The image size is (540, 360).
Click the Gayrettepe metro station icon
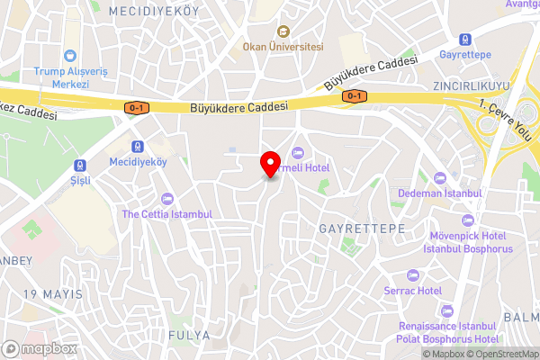pyautogui.click(x=464, y=40)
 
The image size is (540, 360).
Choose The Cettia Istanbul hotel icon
pyautogui.click(x=166, y=199)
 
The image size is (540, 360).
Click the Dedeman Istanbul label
pyautogui.click(x=440, y=193)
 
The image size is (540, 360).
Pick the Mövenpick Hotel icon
pyautogui.click(x=466, y=220)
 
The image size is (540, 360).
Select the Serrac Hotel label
pyautogui.click(x=418, y=291)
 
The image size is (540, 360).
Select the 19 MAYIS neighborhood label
pyautogui.click(x=53, y=294)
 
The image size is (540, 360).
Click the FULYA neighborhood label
pyautogui.click(x=188, y=335)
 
